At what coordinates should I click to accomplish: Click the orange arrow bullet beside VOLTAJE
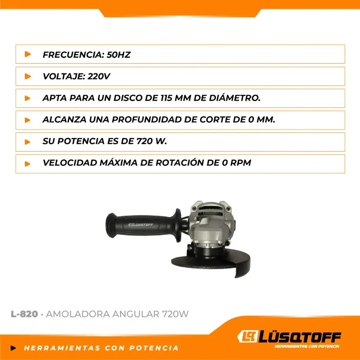(x=27, y=76)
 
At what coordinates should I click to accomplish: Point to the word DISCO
(x=129, y=98)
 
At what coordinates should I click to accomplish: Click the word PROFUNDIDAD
(x=147, y=120)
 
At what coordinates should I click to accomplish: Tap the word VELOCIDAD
(x=70, y=163)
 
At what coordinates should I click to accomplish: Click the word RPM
(x=241, y=163)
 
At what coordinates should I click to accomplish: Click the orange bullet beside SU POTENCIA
(x=27, y=142)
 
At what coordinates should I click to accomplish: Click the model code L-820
(x=24, y=314)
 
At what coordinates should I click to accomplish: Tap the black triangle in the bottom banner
(x=13, y=348)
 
